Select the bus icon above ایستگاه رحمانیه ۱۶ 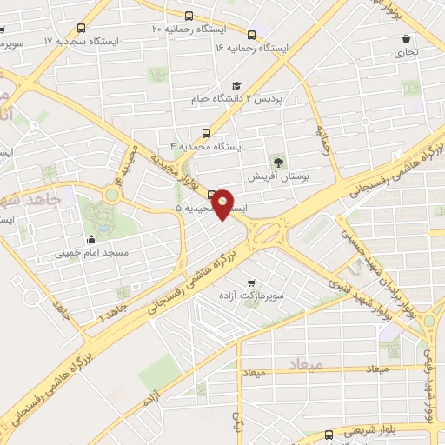click(252, 35)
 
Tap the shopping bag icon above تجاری click(406, 38)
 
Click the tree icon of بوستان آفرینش click(278, 162)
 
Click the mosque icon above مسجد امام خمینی click(91, 239)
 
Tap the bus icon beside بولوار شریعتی click(329, 435)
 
